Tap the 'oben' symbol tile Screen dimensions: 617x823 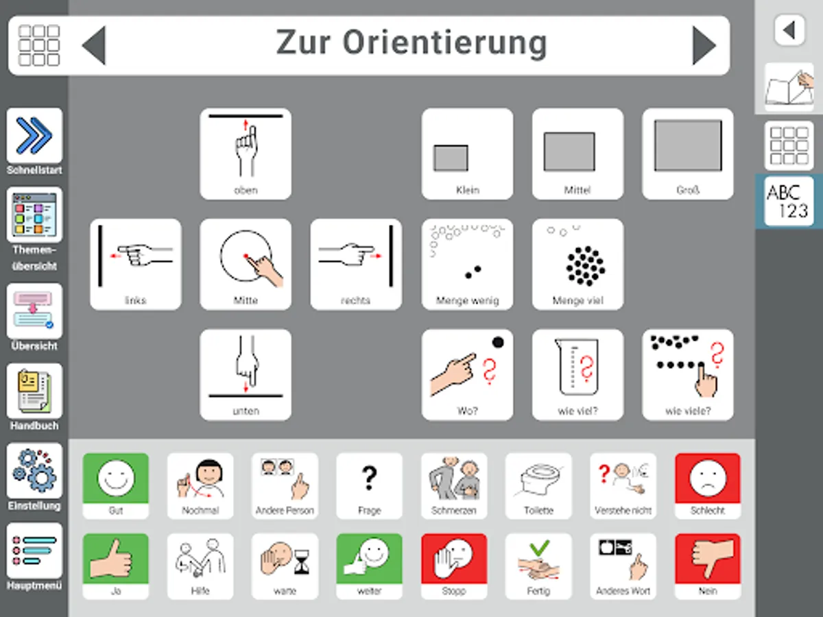point(246,154)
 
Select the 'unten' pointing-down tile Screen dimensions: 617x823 point(246,374)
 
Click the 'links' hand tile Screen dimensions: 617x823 point(136,264)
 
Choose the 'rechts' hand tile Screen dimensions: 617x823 point(356,264)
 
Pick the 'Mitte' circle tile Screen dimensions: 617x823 point(246,264)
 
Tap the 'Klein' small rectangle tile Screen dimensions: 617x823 point(467,154)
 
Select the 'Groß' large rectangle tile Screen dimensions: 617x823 point(687,154)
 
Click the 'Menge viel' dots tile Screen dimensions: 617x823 point(577,264)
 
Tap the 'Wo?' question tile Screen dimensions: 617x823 point(467,374)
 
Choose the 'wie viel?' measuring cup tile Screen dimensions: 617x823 point(577,374)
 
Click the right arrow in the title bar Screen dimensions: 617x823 point(704,46)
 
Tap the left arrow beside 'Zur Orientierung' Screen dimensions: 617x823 point(94,46)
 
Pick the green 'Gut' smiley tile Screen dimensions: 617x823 point(115,485)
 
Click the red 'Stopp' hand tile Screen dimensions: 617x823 point(454,566)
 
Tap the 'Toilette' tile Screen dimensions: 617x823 point(538,485)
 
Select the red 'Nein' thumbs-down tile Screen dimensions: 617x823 point(707,566)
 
